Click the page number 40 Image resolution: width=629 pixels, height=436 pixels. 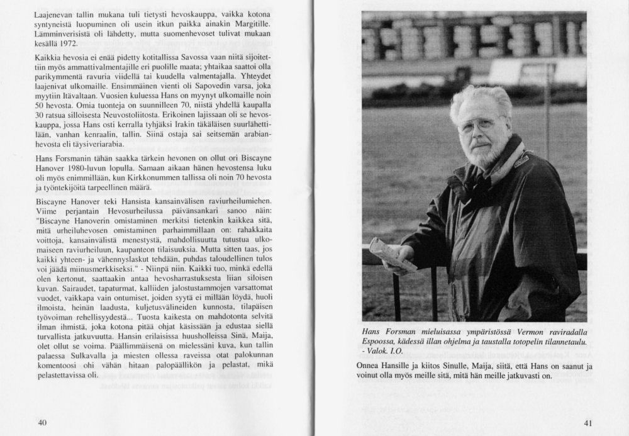tap(43, 422)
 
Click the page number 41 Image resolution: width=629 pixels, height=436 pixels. tap(588, 422)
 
